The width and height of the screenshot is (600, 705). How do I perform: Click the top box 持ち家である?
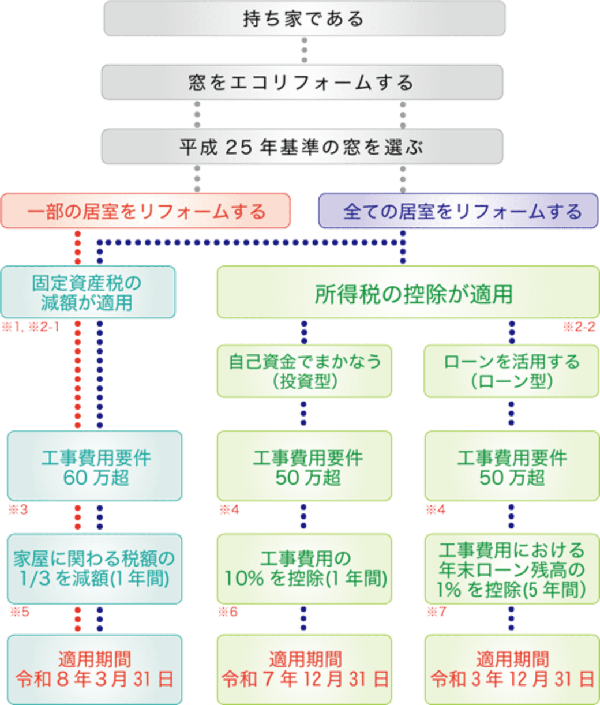point(304,18)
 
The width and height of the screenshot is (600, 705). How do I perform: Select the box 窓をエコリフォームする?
point(302,82)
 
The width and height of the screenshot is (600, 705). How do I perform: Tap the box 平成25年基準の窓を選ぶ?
point(302,147)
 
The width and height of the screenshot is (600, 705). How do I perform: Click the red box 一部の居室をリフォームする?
point(146,211)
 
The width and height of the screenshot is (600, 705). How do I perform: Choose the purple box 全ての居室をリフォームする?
point(458,211)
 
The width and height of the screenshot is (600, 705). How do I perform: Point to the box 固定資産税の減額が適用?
point(88,292)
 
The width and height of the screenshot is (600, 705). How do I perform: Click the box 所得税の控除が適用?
point(407,292)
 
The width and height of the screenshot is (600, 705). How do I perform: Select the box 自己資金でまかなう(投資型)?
point(305,371)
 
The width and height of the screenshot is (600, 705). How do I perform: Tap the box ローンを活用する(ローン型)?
point(511,371)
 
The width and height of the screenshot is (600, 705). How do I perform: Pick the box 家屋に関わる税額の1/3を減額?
point(95,568)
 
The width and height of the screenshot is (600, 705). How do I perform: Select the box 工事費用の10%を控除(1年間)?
point(305,568)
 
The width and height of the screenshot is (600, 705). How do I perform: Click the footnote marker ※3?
point(18,509)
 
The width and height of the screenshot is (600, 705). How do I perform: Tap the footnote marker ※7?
point(436,612)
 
